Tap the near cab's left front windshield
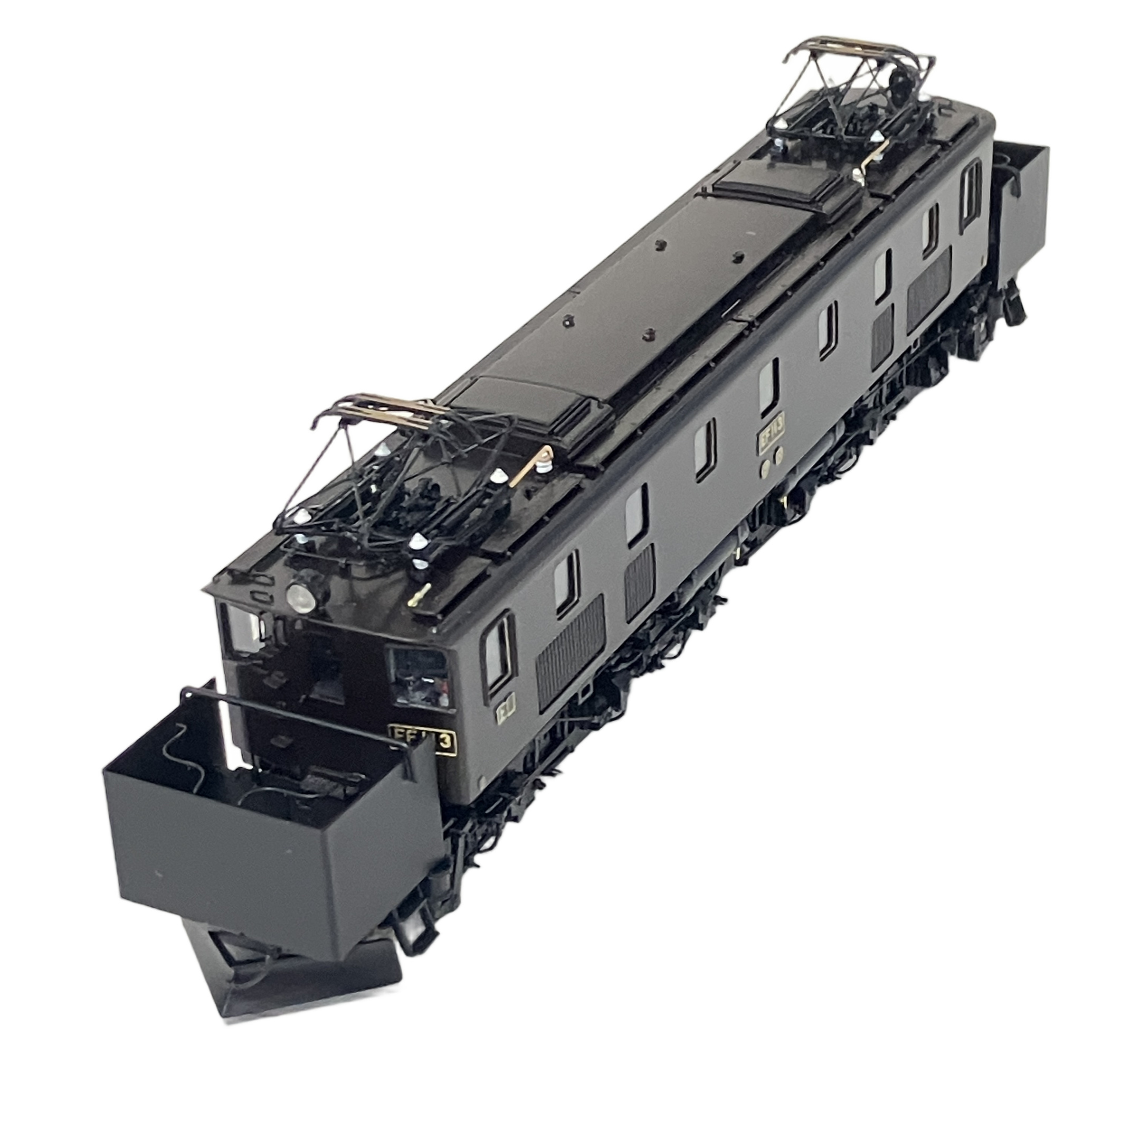(x=243, y=633)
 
